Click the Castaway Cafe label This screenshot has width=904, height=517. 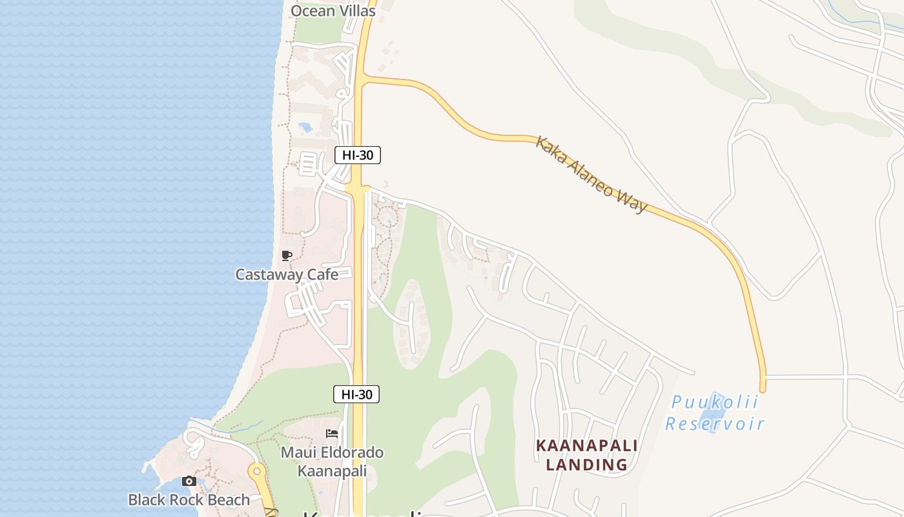(x=287, y=275)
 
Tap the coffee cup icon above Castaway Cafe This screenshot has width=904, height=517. (x=287, y=256)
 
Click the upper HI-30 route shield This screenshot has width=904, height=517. (x=358, y=155)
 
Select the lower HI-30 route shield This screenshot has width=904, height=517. (x=356, y=394)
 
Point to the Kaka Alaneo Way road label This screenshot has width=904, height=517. (x=591, y=174)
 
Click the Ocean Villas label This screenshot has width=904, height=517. (x=333, y=11)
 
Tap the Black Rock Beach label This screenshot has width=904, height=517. (x=189, y=500)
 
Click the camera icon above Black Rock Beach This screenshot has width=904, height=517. (x=189, y=481)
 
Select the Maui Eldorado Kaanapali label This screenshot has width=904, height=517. (x=332, y=461)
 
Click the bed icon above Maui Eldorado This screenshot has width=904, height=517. (x=332, y=433)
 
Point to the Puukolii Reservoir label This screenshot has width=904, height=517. (x=715, y=413)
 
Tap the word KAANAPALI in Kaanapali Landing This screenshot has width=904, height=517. (x=587, y=446)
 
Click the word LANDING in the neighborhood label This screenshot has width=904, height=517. (x=587, y=465)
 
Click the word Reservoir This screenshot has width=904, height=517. (x=715, y=424)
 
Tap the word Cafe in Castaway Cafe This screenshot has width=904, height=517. (x=323, y=275)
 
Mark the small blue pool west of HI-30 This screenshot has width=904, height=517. (x=305, y=127)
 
